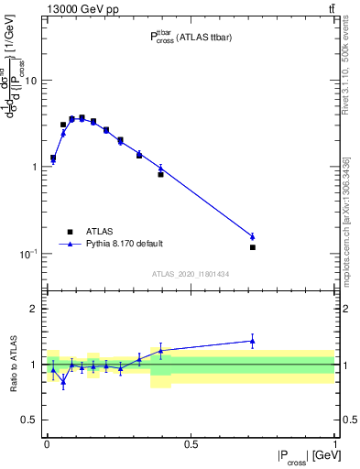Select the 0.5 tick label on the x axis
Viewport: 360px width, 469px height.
coord(191,444)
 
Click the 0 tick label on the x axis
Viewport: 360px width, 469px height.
coord(47,444)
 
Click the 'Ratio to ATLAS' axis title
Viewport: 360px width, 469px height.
coord(12,365)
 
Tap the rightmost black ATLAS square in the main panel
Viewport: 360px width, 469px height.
coord(252,247)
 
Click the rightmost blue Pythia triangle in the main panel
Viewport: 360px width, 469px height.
coord(252,236)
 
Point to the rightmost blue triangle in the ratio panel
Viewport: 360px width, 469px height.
coord(252,341)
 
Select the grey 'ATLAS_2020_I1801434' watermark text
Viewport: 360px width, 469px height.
coord(190,273)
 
